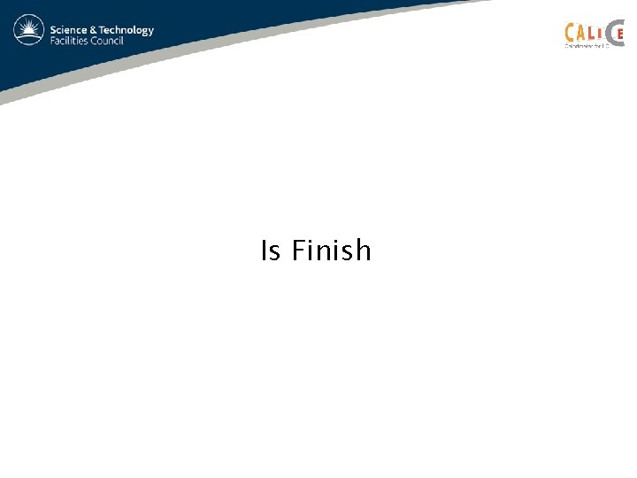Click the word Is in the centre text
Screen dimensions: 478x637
(271, 251)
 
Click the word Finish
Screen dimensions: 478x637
(332, 251)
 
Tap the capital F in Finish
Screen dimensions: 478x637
(298, 251)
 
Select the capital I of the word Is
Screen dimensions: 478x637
(265, 251)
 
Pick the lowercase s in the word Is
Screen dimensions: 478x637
(275, 253)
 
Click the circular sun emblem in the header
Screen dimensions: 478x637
(29, 31)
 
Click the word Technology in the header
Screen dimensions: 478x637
(127, 30)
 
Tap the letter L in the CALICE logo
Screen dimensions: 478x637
(592, 34)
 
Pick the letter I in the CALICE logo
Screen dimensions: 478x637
(601, 34)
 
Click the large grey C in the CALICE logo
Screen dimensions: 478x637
(611, 34)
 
